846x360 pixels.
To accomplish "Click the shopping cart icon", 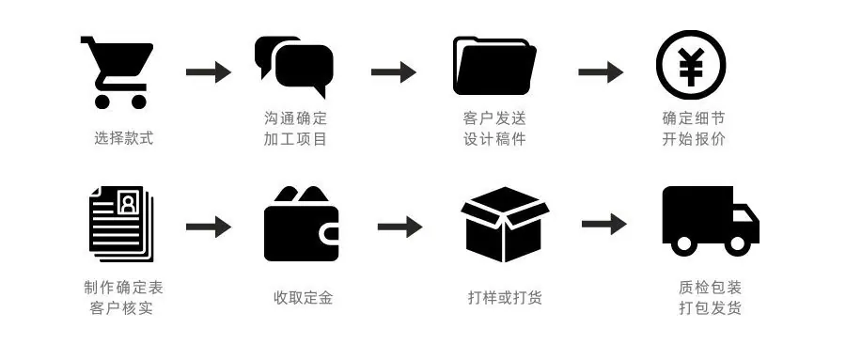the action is tap(117, 72).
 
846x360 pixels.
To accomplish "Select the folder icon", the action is tap(494, 66).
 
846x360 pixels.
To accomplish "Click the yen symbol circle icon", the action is tap(691, 65).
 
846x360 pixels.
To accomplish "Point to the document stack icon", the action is tap(122, 224).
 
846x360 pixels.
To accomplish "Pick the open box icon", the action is tap(505, 224).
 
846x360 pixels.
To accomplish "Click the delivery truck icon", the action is tap(711, 221).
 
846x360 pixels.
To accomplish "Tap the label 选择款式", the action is tap(123, 138).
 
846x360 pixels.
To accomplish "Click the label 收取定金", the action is tap(303, 297).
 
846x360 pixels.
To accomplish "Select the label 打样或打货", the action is tap(505, 297).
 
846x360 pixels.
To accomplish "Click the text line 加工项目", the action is tap(295, 139).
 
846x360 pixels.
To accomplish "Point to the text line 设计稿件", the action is tap(494, 139).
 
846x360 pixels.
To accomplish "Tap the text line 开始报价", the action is tap(694, 139).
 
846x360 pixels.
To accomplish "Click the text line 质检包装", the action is tap(710, 287).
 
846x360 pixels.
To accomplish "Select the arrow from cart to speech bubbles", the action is tap(209, 71).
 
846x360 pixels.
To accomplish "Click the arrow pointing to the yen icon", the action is tap(601, 71).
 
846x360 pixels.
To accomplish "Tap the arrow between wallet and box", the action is tap(399, 227).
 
